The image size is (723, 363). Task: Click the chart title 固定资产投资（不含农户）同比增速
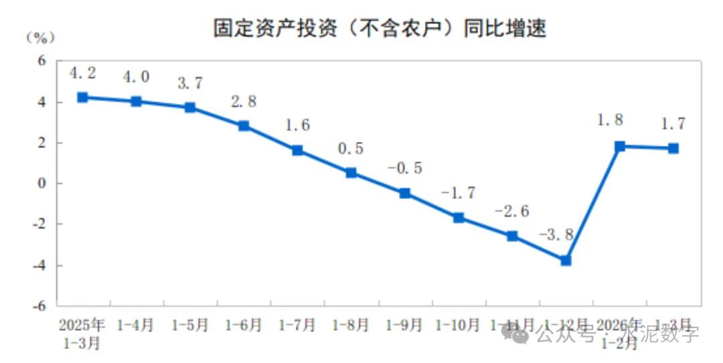(x=380, y=27)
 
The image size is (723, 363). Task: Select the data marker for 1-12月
(x=566, y=260)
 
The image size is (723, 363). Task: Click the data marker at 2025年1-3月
(x=82, y=97)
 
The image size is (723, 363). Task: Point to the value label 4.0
(x=136, y=77)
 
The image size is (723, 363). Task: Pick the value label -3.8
(x=556, y=235)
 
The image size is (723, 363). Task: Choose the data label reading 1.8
(x=610, y=121)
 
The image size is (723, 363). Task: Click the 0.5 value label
(x=350, y=149)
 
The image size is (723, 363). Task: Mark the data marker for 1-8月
(x=351, y=173)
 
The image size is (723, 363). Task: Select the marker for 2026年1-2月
(x=619, y=146)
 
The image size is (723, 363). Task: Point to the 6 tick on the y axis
(x=41, y=61)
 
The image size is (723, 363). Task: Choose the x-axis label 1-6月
(x=244, y=325)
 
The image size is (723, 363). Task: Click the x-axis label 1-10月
(x=458, y=325)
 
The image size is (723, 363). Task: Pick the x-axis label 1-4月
(x=136, y=325)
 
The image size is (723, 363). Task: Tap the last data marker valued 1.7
(x=673, y=148)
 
